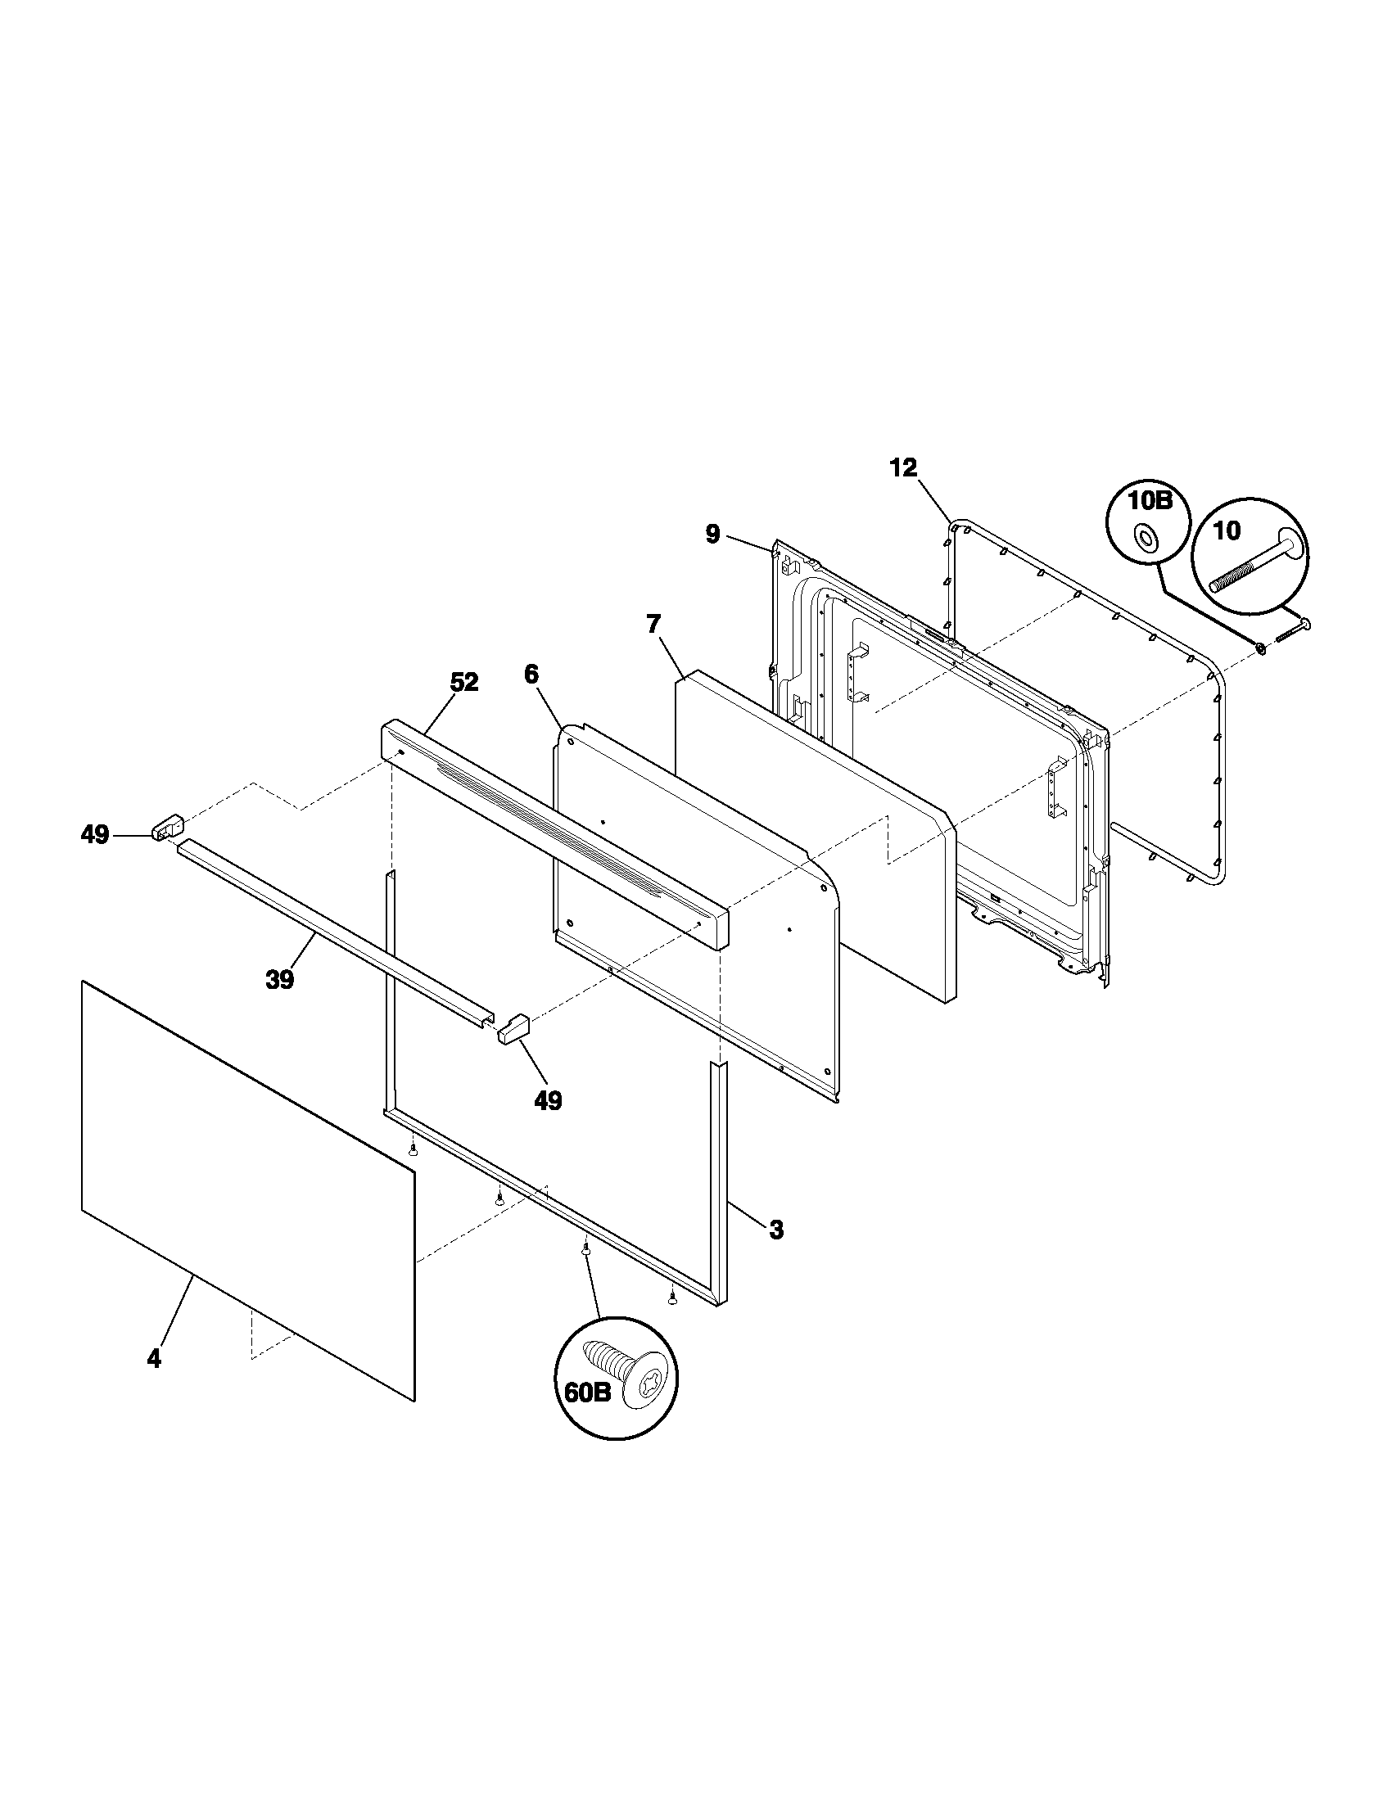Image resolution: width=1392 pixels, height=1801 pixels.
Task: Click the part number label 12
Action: click(903, 468)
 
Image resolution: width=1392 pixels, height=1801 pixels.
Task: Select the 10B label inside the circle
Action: click(1146, 502)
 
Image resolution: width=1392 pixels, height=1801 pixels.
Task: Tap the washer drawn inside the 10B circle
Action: click(1146, 539)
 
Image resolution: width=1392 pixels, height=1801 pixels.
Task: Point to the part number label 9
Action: click(712, 535)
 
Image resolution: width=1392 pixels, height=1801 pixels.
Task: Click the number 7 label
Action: click(653, 625)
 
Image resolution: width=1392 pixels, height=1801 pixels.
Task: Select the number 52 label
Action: click(463, 682)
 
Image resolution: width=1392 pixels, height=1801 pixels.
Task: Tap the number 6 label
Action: click(531, 674)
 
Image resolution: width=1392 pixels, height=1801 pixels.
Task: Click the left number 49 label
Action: click(95, 835)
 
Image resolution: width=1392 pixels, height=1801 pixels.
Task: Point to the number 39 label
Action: click(279, 981)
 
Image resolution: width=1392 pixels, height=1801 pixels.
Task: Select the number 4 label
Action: click(154, 1358)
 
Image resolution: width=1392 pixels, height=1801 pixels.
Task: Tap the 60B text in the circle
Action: click(587, 1393)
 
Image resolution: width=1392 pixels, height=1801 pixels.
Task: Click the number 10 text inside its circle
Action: click(1227, 531)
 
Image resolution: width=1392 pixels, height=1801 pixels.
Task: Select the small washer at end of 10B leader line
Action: click(1262, 651)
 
